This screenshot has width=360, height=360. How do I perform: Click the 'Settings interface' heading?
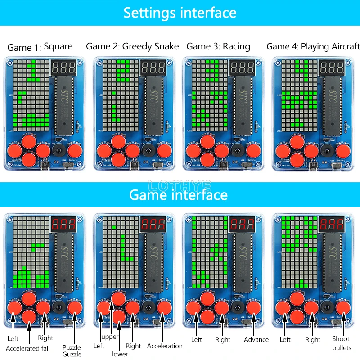(180, 12)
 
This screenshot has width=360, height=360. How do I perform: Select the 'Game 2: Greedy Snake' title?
(132, 46)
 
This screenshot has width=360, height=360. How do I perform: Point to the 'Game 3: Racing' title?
(218, 46)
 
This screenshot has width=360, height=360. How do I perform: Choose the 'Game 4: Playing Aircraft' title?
(313, 46)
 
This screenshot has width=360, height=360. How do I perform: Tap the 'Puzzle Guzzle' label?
(72, 351)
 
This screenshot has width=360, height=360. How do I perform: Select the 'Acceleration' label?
(165, 346)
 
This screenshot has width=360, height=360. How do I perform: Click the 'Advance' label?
(256, 339)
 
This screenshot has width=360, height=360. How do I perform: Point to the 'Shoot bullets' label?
(341, 343)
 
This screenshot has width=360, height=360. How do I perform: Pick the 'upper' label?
(110, 337)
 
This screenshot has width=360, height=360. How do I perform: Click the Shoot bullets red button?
(343, 308)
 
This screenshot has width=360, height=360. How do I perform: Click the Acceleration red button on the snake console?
(164, 308)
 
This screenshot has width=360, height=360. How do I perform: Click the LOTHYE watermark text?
(179, 184)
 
